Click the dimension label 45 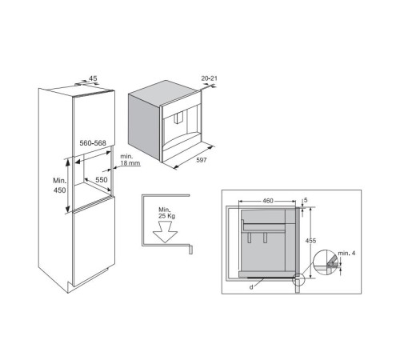click(x=93, y=78)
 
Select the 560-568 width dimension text click(x=93, y=143)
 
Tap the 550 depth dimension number click(x=102, y=179)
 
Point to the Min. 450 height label click(x=59, y=186)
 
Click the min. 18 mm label click(x=130, y=160)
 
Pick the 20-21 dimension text click(x=209, y=78)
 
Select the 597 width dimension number click(x=202, y=160)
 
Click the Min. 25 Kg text click(x=166, y=213)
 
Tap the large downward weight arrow click(x=165, y=232)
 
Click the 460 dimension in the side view click(x=268, y=201)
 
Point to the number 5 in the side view click(x=306, y=200)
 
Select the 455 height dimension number click(x=310, y=241)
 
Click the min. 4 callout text click(x=346, y=253)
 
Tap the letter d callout click(x=251, y=287)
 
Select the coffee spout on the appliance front click(x=178, y=118)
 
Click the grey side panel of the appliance click(x=144, y=126)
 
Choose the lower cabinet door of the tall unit click(x=94, y=242)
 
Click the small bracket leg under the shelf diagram click(x=190, y=250)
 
